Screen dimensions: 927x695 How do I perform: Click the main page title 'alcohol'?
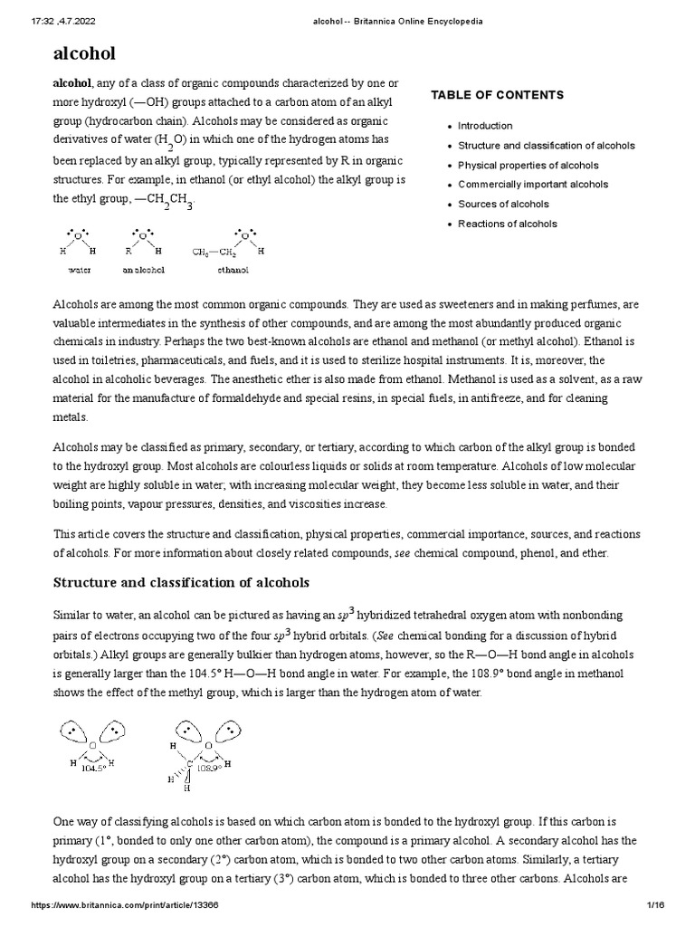(84, 53)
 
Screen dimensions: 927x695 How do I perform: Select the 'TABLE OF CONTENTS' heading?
(497, 95)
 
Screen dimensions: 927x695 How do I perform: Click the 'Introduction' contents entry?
(485, 126)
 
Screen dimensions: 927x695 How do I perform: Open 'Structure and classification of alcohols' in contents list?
(547, 146)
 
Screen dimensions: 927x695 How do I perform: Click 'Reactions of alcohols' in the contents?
(508, 225)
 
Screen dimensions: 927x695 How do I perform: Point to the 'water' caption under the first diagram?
(80, 270)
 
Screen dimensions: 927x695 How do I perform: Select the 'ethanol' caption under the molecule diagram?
(233, 270)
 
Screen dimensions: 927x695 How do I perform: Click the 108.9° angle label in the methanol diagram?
(208, 767)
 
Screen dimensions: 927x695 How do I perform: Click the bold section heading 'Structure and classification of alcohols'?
(181, 582)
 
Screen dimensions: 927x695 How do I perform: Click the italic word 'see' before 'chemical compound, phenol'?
(404, 552)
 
